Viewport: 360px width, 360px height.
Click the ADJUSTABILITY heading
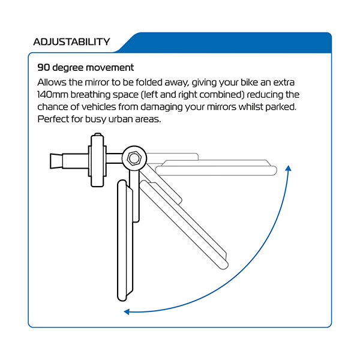click(71, 42)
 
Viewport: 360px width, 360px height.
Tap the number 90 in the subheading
click(44, 67)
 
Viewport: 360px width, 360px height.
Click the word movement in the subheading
click(110, 67)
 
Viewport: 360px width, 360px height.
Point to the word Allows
click(52, 82)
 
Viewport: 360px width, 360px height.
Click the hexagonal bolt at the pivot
click(134, 158)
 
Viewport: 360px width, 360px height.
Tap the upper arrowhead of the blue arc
click(288, 168)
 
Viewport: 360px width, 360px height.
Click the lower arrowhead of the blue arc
click(127, 311)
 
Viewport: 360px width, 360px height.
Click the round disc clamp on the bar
click(97, 160)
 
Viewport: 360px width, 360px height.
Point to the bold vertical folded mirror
click(125, 240)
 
